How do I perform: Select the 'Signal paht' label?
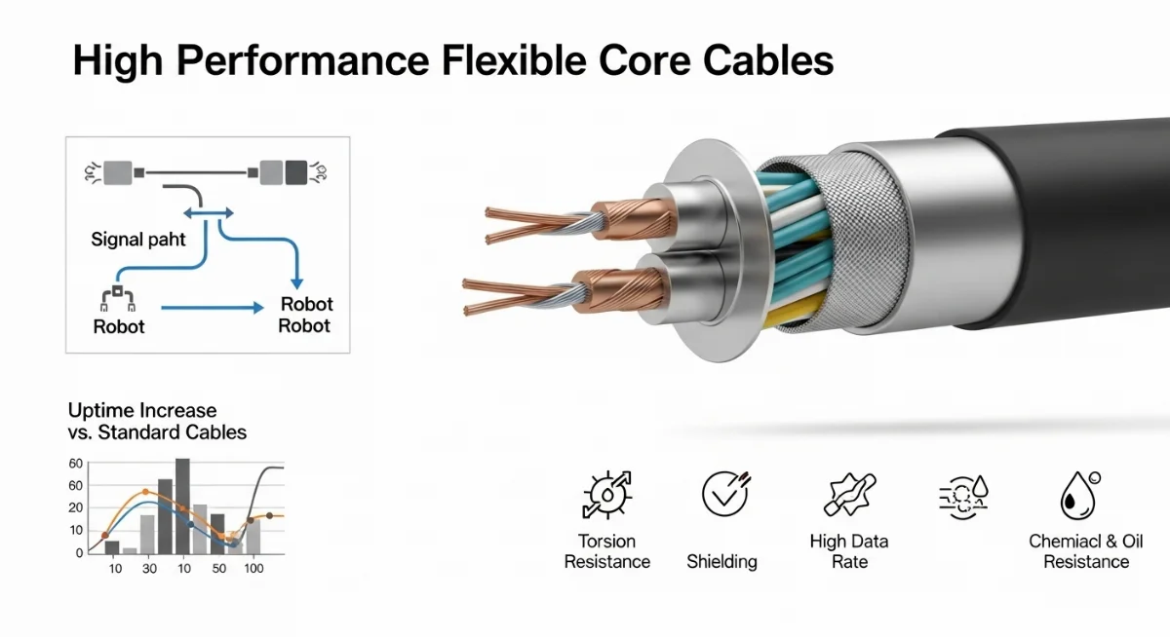(x=138, y=239)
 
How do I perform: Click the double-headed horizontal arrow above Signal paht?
(x=210, y=211)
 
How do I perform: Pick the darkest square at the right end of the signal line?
(x=296, y=171)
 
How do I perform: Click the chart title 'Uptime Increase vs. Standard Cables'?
(x=157, y=421)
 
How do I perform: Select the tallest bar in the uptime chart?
(x=182, y=505)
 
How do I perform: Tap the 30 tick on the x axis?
(x=149, y=568)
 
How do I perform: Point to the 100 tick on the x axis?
(x=253, y=568)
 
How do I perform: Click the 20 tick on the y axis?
(x=76, y=507)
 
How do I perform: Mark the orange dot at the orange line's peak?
(x=146, y=491)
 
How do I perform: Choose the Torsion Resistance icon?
(x=606, y=495)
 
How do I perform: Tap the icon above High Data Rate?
(x=849, y=494)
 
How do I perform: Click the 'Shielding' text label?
(x=721, y=561)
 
